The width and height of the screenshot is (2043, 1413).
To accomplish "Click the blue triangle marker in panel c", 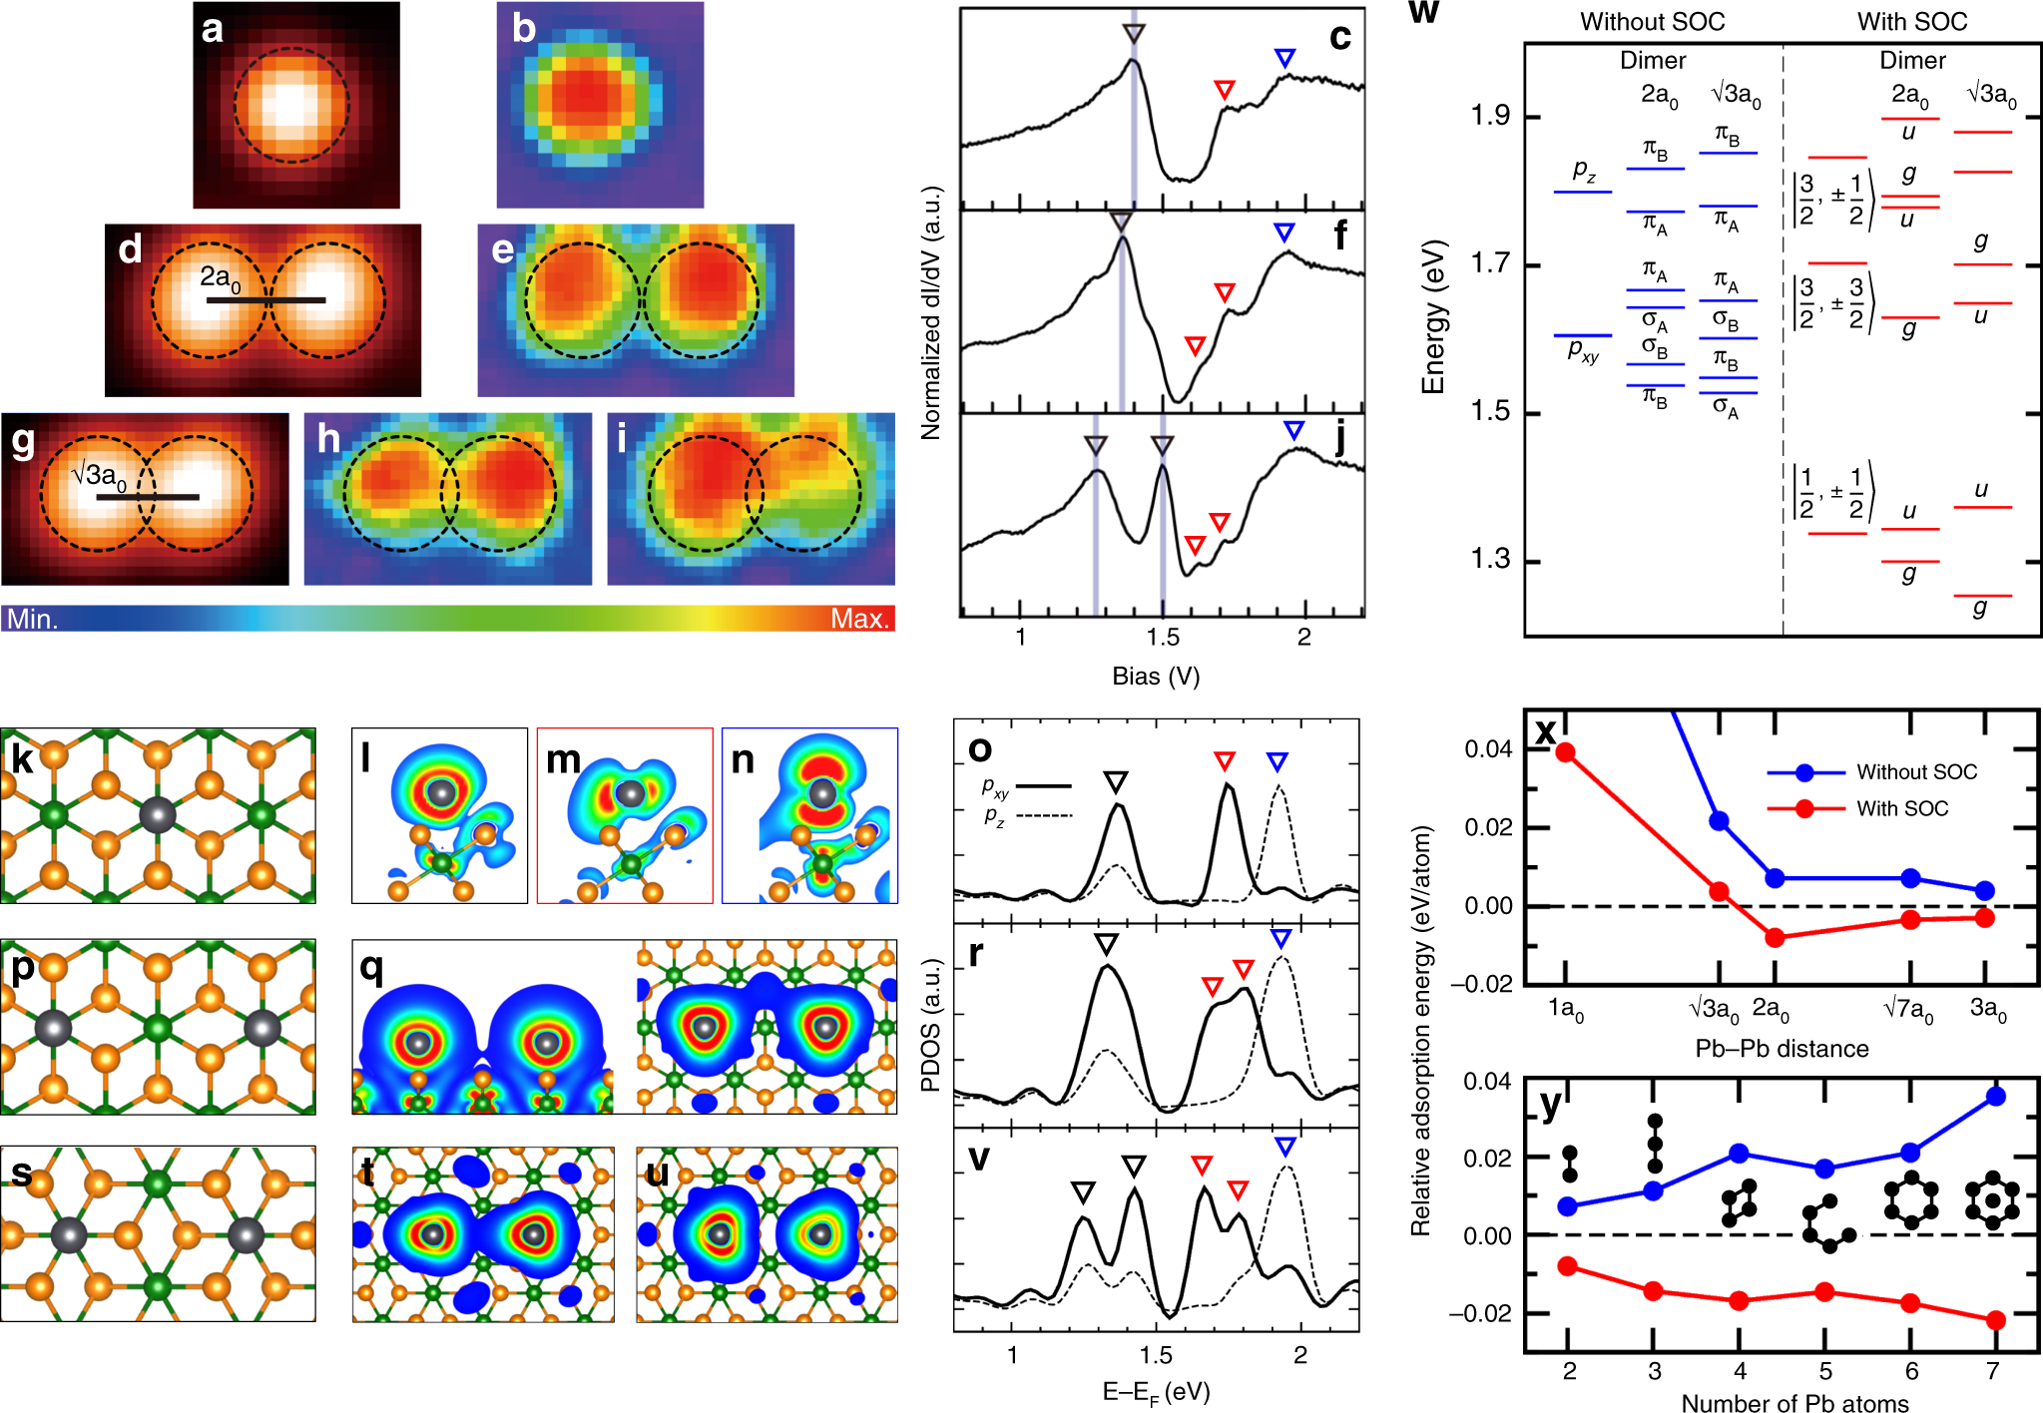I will pos(1284,58).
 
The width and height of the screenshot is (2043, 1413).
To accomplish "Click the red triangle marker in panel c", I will pos(1224,90).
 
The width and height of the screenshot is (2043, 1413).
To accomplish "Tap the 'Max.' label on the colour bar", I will pos(858,619).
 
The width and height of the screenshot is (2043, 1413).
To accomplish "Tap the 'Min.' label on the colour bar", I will pos(32,619).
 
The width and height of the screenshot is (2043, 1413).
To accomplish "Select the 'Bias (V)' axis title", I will pos(1156,676).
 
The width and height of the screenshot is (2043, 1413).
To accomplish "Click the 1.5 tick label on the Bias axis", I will pos(1161,638).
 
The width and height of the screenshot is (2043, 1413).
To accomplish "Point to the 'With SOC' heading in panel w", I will pos(1911,22).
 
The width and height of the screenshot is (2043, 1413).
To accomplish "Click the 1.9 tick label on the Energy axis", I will pos(1489,116).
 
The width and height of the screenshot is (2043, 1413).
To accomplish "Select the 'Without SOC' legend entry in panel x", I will pos(1915,771).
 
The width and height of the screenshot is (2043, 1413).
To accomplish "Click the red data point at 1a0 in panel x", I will pos(1565,751).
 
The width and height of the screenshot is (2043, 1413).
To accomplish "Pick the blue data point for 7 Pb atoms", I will pos(1995,1096).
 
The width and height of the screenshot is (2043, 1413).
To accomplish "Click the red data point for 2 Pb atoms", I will pos(1568,1265).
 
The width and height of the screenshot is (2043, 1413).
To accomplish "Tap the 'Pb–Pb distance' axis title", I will pos(1782,1049).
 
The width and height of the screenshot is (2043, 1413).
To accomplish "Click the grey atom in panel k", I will pos(157,814).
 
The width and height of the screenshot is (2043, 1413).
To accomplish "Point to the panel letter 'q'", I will pos(370,966).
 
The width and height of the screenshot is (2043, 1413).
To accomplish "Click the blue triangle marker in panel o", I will pos(1277,762).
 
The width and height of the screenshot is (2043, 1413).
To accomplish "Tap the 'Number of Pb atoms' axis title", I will pos(1793,1402).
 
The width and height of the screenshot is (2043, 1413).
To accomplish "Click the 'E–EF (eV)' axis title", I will pos(1156,1391).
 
